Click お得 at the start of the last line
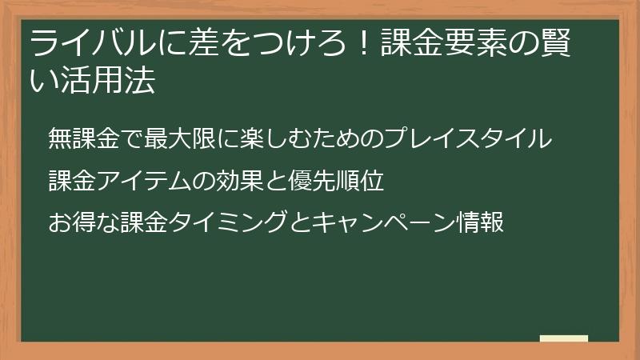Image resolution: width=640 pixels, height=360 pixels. point(72,222)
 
